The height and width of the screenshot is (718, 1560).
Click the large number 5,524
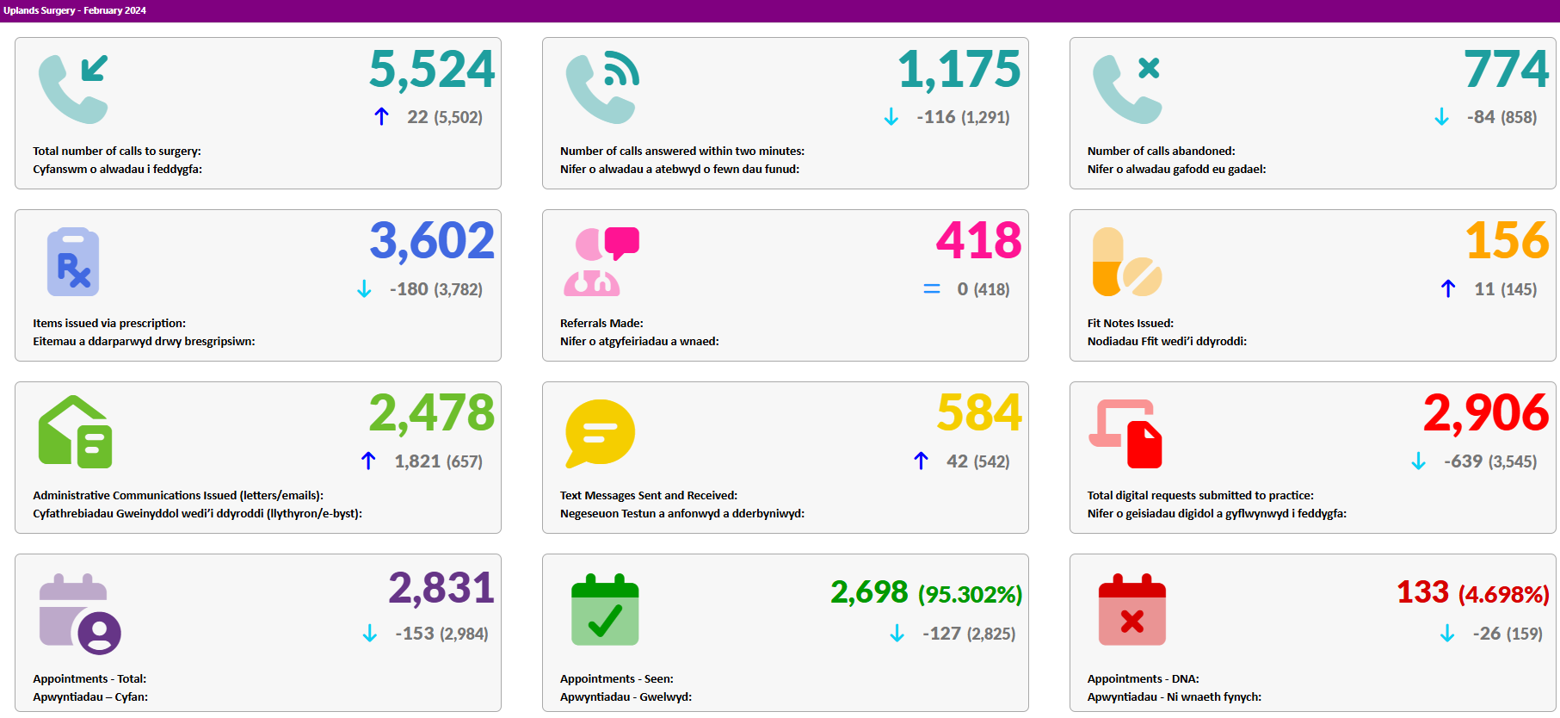coord(432,70)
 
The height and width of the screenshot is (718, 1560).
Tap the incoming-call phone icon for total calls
coord(73,89)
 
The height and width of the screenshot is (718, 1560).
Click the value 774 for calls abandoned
coord(1506,69)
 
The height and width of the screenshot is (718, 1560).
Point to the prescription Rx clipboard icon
coord(73,262)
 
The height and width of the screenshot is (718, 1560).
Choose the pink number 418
coord(979,240)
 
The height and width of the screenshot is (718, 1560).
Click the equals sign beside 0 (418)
coord(932,289)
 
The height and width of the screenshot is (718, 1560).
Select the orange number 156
coord(1508,240)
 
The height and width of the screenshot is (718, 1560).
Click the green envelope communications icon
coord(76,432)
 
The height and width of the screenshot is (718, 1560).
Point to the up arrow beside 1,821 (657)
coord(368,461)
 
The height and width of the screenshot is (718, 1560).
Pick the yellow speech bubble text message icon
coord(601,433)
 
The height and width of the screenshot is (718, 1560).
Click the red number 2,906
coord(1486,413)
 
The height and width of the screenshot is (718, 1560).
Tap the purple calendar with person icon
coord(80,614)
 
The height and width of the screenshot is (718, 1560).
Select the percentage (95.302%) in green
coord(970,594)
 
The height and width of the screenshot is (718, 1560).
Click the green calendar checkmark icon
coord(605,610)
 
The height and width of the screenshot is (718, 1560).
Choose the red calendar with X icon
coord(1132,610)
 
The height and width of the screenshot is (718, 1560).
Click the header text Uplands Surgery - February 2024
coord(75,10)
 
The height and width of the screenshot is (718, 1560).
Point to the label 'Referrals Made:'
coord(601,323)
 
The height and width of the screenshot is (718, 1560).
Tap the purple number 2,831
coord(441,589)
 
